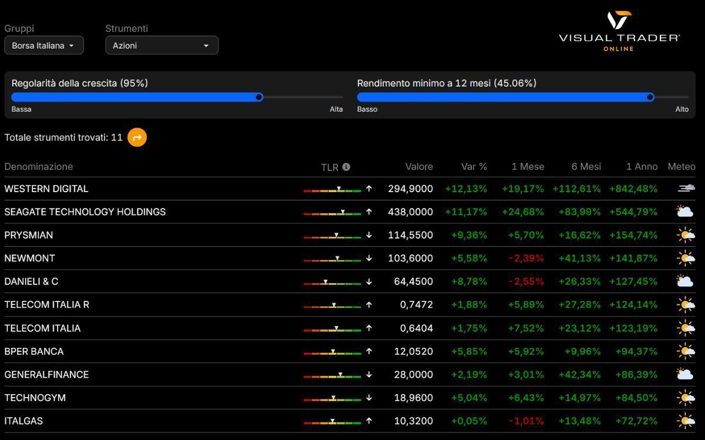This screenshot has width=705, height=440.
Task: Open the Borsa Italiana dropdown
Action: (x=43, y=45)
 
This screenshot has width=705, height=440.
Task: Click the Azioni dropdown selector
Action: (x=162, y=45)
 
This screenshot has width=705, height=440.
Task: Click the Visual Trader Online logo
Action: (x=619, y=31)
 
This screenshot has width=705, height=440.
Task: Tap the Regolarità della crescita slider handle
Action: (x=259, y=97)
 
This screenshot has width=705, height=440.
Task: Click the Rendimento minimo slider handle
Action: (x=650, y=97)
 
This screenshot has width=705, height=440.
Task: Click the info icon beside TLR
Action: (x=346, y=167)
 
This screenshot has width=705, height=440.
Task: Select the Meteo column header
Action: (x=681, y=166)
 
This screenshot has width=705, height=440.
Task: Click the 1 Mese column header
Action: (x=527, y=166)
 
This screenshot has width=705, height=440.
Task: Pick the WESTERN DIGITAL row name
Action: (x=46, y=189)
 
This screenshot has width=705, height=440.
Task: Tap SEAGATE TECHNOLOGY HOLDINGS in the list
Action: (x=85, y=211)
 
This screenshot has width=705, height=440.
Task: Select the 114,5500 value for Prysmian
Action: (x=410, y=235)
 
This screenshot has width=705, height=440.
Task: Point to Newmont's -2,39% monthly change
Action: (x=526, y=258)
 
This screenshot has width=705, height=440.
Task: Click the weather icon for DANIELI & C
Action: (x=684, y=281)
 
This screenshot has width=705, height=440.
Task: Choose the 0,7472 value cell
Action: (x=416, y=304)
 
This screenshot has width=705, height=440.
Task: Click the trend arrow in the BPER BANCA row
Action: (x=369, y=351)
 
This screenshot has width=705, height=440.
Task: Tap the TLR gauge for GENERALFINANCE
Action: (x=332, y=375)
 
